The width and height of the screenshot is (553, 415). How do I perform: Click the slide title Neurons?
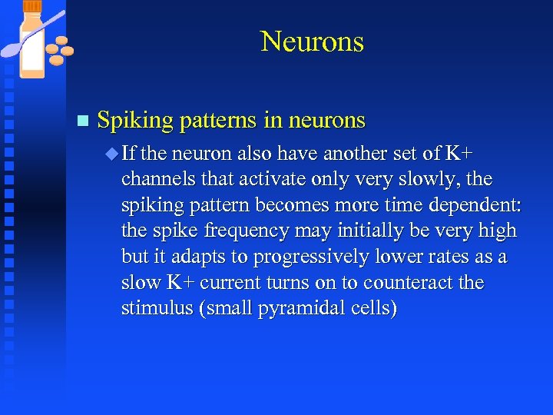pyautogui.click(x=312, y=41)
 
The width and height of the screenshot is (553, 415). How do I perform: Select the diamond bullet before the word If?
pyautogui.click(x=113, y=154)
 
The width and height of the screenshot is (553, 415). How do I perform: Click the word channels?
pyautogui.click(x=158, y=179)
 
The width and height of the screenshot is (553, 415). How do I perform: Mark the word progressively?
pyautogui.click(x=315, y=257)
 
